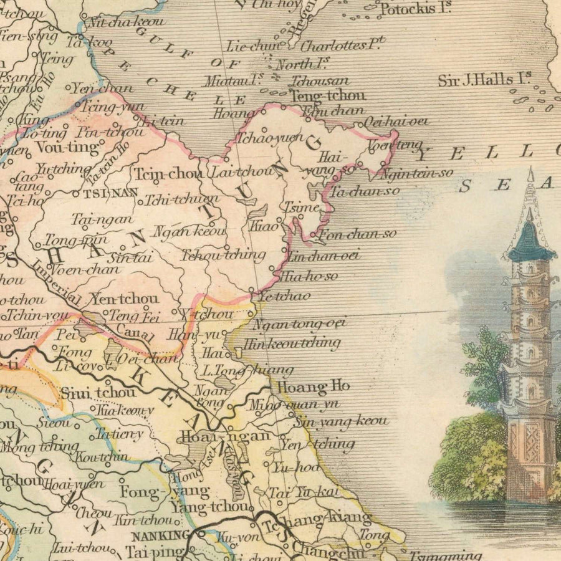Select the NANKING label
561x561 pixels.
(x=160, y=535)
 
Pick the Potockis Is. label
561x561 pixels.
(x=415, y=9)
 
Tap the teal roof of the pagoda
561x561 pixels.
(x=530, y=243)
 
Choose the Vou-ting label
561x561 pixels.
(x=68, y=148)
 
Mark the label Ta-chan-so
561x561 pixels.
(x=365, y=191)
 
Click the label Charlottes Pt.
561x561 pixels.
(x=343, y=46)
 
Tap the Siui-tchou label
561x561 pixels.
(x=98, y=393)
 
